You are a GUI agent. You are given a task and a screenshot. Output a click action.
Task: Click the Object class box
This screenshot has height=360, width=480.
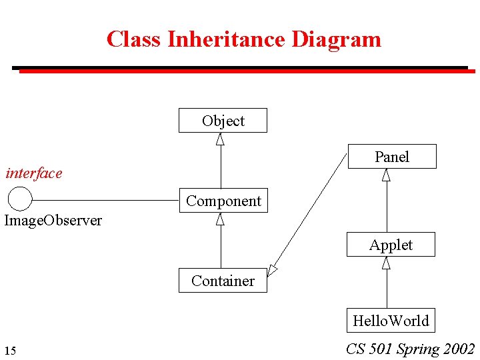click(x=223, y=121)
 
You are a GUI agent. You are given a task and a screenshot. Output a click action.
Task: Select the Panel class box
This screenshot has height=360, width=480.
click(x=391, y=157)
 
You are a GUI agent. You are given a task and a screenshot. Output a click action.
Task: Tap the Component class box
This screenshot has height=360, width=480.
click(x=223, y=201)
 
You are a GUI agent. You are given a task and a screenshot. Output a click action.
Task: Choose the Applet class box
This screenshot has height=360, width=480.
click(x=391, y=245)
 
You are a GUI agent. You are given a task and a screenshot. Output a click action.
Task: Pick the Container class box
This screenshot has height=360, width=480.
click(x=223, y=281)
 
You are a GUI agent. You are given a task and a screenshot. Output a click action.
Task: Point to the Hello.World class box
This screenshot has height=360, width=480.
click(x=391, y=321)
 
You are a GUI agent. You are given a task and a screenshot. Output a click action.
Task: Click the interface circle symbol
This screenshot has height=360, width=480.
click(x=20, y=199)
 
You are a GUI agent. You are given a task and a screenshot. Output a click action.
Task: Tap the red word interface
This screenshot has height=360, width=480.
click(x=33, y=173)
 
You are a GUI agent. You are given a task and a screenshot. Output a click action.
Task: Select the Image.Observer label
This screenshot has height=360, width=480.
click(x=53, y=221)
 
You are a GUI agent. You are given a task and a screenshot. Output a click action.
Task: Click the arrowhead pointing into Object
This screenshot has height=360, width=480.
click(x=220, y=139)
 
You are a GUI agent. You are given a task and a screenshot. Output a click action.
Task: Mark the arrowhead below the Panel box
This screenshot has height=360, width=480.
click(x=386, y=175)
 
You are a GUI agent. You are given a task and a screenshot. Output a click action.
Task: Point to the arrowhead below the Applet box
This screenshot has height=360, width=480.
click(x=386, y=263)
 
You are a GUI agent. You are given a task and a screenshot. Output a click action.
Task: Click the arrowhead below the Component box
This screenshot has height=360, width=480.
click(x=220, y=219)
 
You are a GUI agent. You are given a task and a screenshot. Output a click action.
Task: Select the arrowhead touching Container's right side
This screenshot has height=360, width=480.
click(x=272, y=270)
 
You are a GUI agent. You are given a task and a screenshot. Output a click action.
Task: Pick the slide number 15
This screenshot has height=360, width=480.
click(x=10, y=351)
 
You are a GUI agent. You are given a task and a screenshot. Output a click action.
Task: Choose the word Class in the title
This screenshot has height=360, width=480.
click(x=134, y=39)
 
